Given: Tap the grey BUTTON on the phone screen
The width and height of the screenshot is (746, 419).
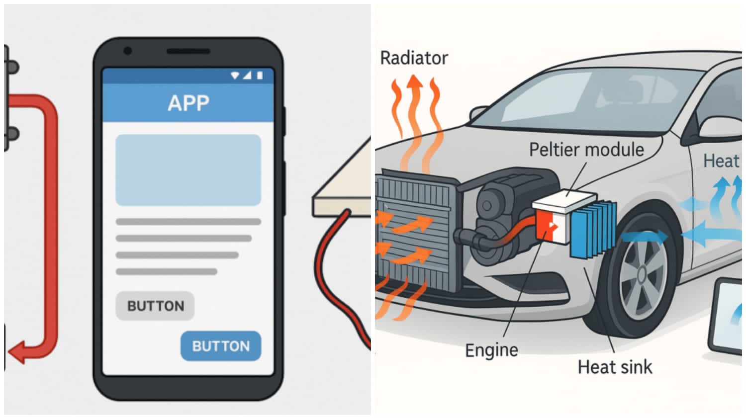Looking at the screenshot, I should (x=155, y=306).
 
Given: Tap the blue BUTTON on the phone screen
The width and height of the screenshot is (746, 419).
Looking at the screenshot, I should (x=220, y=346).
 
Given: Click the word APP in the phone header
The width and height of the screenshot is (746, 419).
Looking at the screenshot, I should (x=188, y=103).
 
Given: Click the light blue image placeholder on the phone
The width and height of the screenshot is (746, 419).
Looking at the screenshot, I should (x=188, y=170).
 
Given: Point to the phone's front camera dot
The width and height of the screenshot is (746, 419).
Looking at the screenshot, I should (x=128, y=51).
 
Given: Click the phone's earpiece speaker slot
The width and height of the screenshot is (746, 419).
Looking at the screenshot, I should (x=188, y=51).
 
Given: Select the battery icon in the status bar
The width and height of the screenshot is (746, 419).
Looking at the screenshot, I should (x=260, y=76).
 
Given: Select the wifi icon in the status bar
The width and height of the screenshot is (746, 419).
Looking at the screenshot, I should (x=235, y=76).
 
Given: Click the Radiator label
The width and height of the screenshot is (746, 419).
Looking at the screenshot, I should (x=414, y=58).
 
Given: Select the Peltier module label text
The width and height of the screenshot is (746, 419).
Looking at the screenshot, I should (x=586, y=150).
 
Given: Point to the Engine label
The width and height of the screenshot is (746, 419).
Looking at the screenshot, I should (x=491, y=350).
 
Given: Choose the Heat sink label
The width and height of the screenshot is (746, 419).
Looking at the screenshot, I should (x=615, y=367).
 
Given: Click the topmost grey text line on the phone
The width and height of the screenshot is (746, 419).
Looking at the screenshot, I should (x=188, y=222).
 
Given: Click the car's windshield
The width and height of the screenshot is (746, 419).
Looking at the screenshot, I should (x=572, y=99).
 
